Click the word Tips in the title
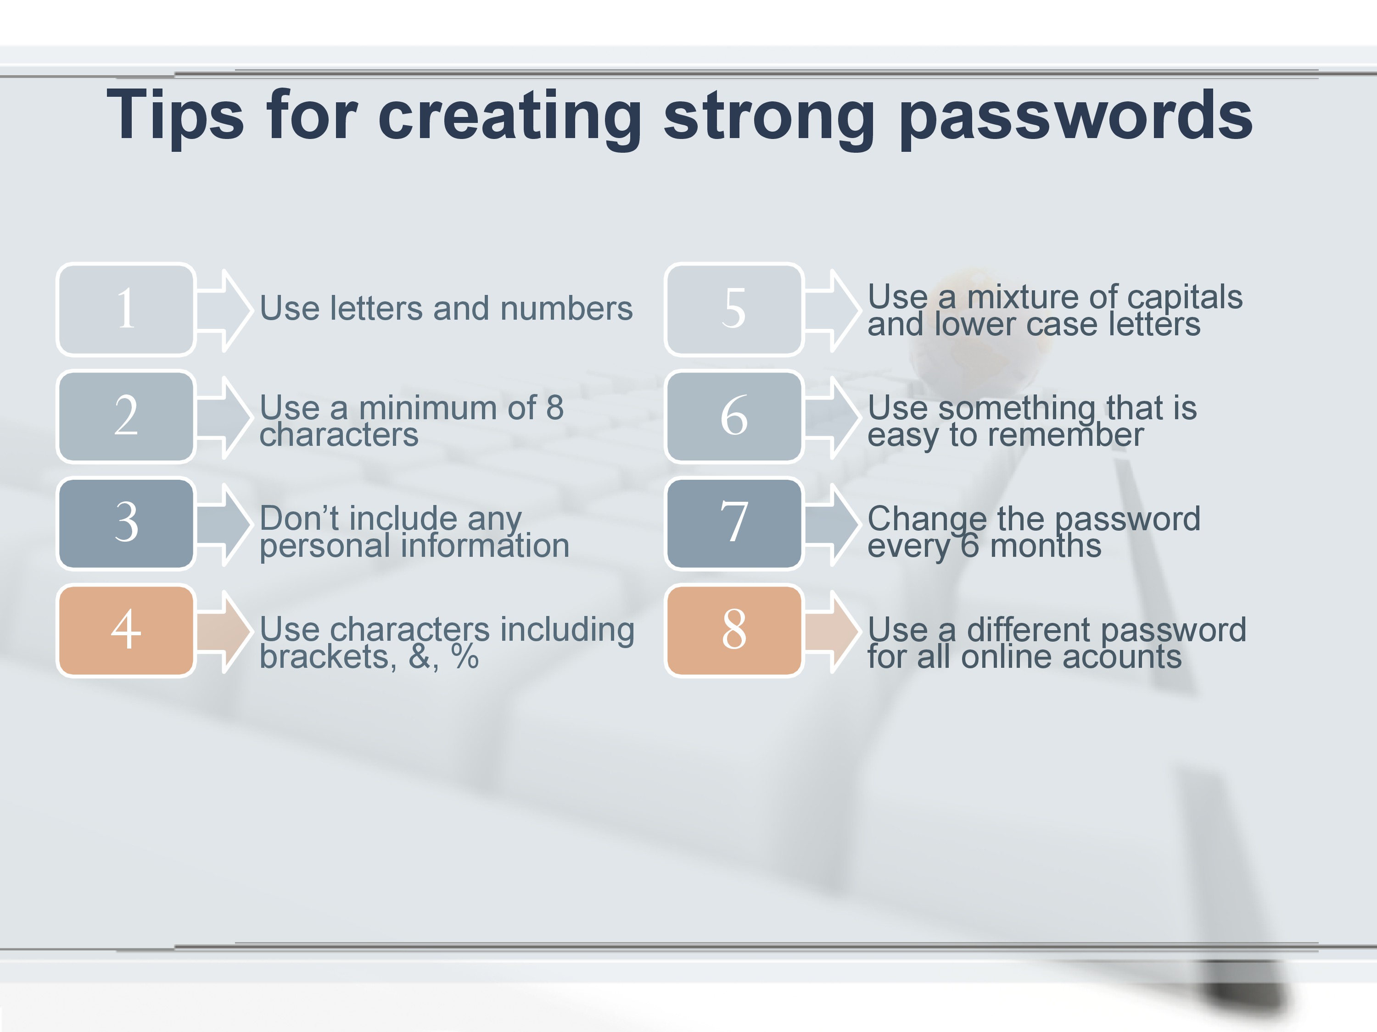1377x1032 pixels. pos(175,115)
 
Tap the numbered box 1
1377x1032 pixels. pos(126,309)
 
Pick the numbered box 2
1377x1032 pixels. pos(126,416)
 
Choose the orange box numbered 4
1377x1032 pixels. pos(126,630)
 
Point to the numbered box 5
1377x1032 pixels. pos(734,309)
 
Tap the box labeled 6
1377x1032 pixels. pos(734,416)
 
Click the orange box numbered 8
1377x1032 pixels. pos(734,630)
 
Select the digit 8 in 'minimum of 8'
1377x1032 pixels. pos(554,408)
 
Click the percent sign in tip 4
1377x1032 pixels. pos(465,657)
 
